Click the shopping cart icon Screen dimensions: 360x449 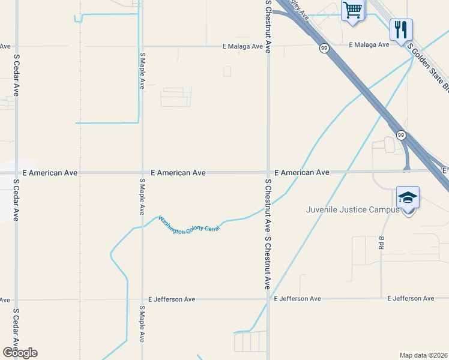(x=352, y=10)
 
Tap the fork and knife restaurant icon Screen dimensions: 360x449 (x=400, y=29)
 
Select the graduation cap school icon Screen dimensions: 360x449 (x=408, y=197)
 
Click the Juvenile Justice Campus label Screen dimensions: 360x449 (x=352, y=209)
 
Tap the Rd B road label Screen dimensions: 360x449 (x=381, y=242)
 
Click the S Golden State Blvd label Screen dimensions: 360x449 (x=428, y=67)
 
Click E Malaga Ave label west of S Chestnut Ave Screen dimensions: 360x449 (x=243, y=46)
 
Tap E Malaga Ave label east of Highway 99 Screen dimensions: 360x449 (x=369, y=45)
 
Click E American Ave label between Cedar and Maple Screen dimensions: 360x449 (x=50, y=173)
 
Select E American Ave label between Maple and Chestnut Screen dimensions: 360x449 (x=178, y=173)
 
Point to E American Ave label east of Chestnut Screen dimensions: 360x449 (x=301, y=172)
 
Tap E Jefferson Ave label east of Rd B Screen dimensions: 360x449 (x=411, y=298)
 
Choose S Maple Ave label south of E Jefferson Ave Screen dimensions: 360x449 (x=142, y=324)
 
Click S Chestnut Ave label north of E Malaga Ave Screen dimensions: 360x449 (x=268, y=27)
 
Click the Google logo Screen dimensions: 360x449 (x=20, y=352)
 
